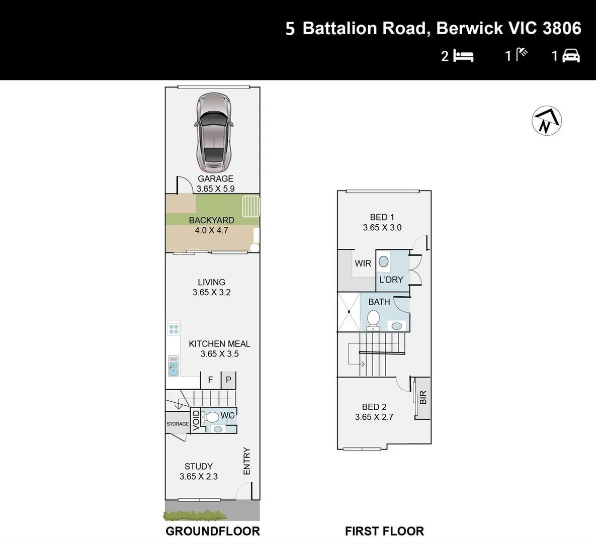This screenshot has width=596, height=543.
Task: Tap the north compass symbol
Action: point(547,121)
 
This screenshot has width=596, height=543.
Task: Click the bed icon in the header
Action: point(463,55)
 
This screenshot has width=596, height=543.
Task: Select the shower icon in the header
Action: point(523,54)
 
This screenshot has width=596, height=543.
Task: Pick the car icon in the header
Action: point(571,55)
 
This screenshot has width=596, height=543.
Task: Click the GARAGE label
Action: point(215,178)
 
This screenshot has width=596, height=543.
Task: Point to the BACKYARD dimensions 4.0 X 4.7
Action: point(211,230)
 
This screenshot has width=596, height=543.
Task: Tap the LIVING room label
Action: point(211,282)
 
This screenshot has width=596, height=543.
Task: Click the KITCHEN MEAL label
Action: point(219,344)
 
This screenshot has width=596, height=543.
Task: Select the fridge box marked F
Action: point(211,380)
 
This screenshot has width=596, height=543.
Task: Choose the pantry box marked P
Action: point(228,380)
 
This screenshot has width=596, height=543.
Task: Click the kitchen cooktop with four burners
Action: point(174,329)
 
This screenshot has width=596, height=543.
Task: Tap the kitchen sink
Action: point(173,366)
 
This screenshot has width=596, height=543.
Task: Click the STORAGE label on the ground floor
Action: point(178,424)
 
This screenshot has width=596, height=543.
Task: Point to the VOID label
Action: point(196,420)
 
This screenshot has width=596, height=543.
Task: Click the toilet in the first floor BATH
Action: point(373,319)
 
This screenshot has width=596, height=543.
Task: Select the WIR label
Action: point(363,263)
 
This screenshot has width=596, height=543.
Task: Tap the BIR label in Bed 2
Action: point(423,398)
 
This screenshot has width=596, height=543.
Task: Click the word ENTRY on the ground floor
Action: point(247,461)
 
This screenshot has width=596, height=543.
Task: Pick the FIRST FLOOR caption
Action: point(384,531)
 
